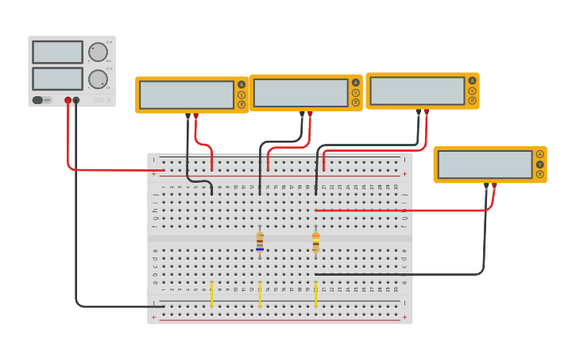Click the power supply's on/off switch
37,100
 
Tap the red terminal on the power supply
68,100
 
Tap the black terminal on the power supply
76,100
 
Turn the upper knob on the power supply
98,52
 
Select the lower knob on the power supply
98,79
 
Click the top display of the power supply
57,52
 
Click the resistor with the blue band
260,242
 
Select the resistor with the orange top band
315,242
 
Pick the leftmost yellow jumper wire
211,293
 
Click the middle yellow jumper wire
260,293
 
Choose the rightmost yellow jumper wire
315,293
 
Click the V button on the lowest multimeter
539,165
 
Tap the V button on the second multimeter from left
355,92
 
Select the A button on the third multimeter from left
472,80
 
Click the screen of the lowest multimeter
485,165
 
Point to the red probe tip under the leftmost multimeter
195,116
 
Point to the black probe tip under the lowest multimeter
486,185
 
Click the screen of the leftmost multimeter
187,95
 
